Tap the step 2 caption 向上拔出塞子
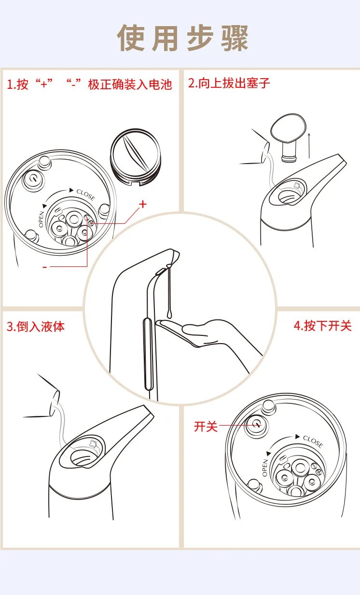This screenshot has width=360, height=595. pyautogui.click(x=229, y=83)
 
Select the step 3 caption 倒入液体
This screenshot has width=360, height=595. pyautogui.click(x=35, y=326)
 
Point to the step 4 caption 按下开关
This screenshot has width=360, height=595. pyautogui.click(x=323, y=325)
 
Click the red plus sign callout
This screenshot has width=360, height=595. pyautogui.click(x=142, y=204)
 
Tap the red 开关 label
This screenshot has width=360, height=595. pyautogui.click(x=206, y=426)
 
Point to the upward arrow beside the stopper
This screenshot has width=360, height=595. pyautogui.click(x=309, y=144)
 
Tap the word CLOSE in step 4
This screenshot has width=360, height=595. pyautogui.click(x=312, y=441)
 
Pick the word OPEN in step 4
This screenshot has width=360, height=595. pyautogui.click(x=265, y=468)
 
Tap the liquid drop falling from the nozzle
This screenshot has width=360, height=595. pyautogui.click(x=170, y=290)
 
